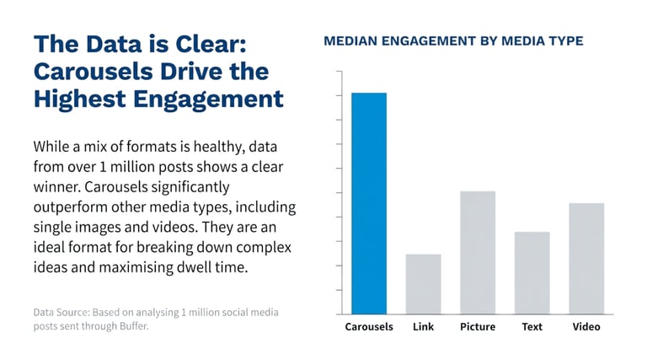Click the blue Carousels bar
click(369, 202)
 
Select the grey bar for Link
click(423, 284)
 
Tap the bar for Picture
click(478, 253)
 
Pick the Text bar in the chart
click(532, 272)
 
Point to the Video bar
click(586, 258)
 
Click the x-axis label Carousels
click(369, 326)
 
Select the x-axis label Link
click(423, 326)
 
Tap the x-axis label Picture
click(478, 326)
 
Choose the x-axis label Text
click(532, 326)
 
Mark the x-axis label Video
click(586, 326)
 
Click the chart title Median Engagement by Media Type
click(453, 40)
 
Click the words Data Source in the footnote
click(61, 312)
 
